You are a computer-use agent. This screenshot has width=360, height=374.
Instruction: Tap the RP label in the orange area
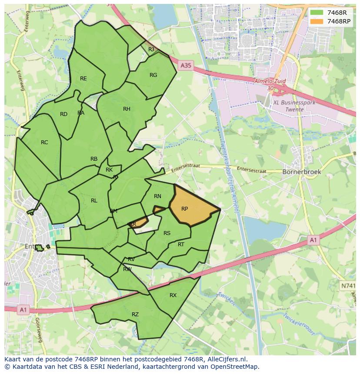pos(184,209)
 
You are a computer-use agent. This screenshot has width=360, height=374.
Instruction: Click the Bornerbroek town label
pos(302,172)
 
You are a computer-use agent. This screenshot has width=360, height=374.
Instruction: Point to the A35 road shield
pos(186,65)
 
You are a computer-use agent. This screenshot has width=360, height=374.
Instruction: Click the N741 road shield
pos(347,285)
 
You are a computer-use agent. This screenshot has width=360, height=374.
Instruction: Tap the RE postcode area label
pos(83,79)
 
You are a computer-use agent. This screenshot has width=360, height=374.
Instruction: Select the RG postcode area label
pos(153,75)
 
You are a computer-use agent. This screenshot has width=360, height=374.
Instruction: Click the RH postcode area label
pos(127,109)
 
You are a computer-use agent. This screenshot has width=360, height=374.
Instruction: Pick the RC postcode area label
pos(44,142)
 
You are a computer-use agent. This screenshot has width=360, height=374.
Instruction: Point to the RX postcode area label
pos(173,295)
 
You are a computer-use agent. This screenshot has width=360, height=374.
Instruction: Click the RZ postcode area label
pos(135,314)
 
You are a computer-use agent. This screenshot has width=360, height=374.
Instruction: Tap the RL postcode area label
pos(94,201)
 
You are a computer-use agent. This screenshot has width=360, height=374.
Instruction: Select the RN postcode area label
pos(157,196)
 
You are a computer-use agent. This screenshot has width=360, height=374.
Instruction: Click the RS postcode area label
pos(167,233)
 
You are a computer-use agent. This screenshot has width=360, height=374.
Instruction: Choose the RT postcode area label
pos(181,245)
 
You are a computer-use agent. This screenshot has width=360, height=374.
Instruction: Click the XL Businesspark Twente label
pos(288,106)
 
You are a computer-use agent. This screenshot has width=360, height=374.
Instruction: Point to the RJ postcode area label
pos(151,50)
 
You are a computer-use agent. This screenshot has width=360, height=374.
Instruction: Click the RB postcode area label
pos(94,159)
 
